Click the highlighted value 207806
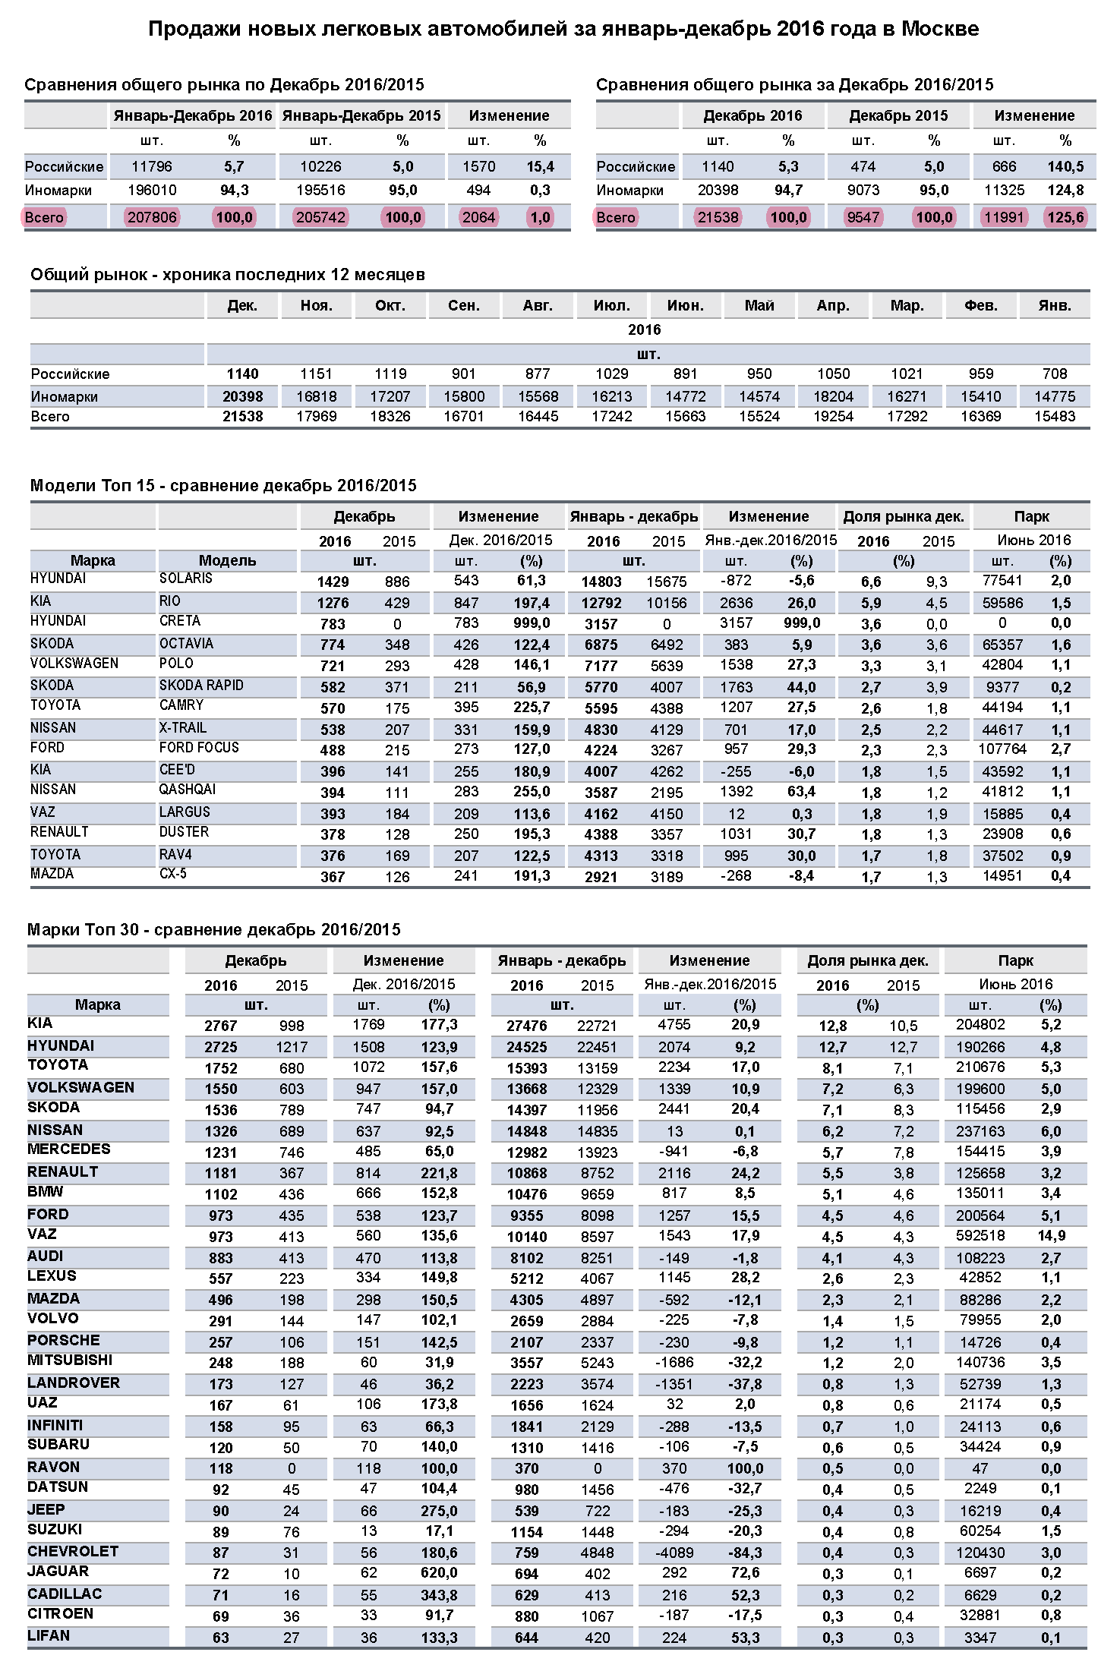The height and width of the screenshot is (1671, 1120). click(152, 218)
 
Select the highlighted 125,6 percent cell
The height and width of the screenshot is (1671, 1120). click(1065, 218)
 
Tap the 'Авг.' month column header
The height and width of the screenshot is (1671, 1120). click(538, 306)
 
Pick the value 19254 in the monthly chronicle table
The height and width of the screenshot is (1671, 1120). click(833, 417)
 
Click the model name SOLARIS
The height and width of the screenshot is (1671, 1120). click(186, 579)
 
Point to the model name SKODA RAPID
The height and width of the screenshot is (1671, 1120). click(201, 686)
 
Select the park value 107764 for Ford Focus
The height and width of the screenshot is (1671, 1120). click(1002, 749)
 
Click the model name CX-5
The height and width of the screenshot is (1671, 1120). click(173, 874)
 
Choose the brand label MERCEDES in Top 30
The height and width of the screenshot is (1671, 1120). click(69, 1149)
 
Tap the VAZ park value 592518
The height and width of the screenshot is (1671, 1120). click(980, 1236)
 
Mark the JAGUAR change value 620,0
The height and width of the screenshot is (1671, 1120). click(440, 1573)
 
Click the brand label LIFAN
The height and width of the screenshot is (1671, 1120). click(49, 1636)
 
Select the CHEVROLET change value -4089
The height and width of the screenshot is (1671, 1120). click(674, 1553)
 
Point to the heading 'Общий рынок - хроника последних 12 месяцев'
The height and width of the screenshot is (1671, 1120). click(228, 275)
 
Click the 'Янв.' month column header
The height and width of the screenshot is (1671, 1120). click(1055, 306)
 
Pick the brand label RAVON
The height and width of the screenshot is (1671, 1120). click(53, 1467)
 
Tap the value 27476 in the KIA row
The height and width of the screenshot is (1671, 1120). click(527, 1026)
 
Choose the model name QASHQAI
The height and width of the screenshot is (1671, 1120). click(188, 790)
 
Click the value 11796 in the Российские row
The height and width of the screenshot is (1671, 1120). click(152, 167)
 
